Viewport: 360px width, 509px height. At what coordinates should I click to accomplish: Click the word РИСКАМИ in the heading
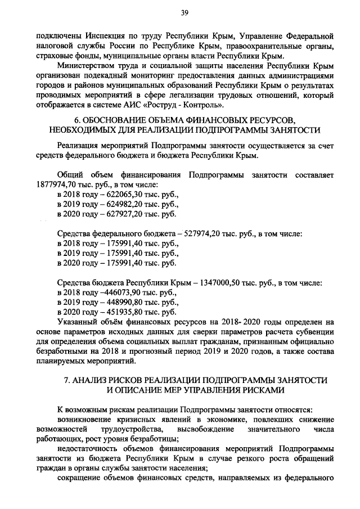(x=252, y=389)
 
